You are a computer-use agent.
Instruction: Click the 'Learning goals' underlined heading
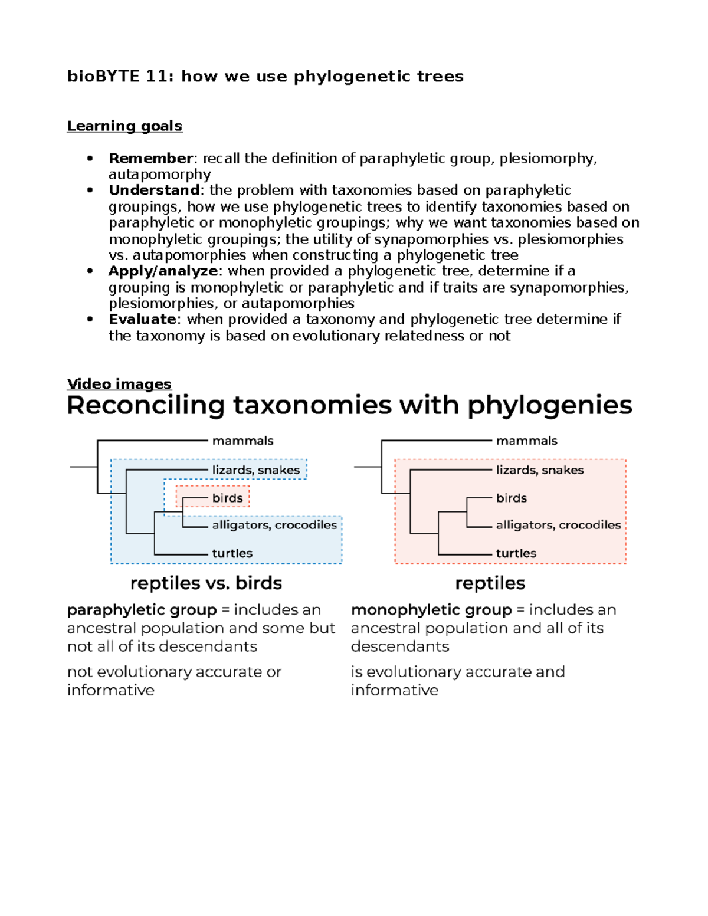pyautogui.click(x=124, y=126)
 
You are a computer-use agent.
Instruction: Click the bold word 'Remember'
pyautogui.click(x=150, y=159)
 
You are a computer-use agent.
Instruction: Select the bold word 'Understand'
pyautogui.click(x=154, y=191)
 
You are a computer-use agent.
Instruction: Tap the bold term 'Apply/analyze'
pyautogui.click(x=163, y=271)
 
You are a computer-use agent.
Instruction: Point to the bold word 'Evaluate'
pyautogui.click(x=142, y=320)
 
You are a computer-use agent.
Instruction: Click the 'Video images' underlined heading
pyautogui.click(x=119, y=384)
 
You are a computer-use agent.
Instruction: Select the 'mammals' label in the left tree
pyautogui.click(x=242, y=441)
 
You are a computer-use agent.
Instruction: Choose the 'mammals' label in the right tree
pyautogui.click(x=526, y=441)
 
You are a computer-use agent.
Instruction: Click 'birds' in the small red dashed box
pyautogui.click(x=227, y=498)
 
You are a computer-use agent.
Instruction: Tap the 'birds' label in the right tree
pyautogui.click(x=512, y=498)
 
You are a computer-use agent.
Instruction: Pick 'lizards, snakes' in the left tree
pyautogui.click(x=256, y=470)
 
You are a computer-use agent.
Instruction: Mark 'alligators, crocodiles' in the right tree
pyautogui.click(x=558, y=525)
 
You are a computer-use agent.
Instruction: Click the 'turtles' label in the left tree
pyautogui.click(x=232, y=553)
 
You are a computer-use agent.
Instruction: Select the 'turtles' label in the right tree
pyautogui.click(x=516, y=553)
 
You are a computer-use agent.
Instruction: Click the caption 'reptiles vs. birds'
pyautogui.click(x=206, y=583)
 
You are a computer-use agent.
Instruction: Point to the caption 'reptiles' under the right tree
pyautogui.click(x=490, y=583)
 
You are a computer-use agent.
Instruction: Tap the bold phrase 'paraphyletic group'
pyautogui.click(x=142, y=610)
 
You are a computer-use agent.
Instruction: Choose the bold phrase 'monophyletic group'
pyautogui.click(x=431, y=610)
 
